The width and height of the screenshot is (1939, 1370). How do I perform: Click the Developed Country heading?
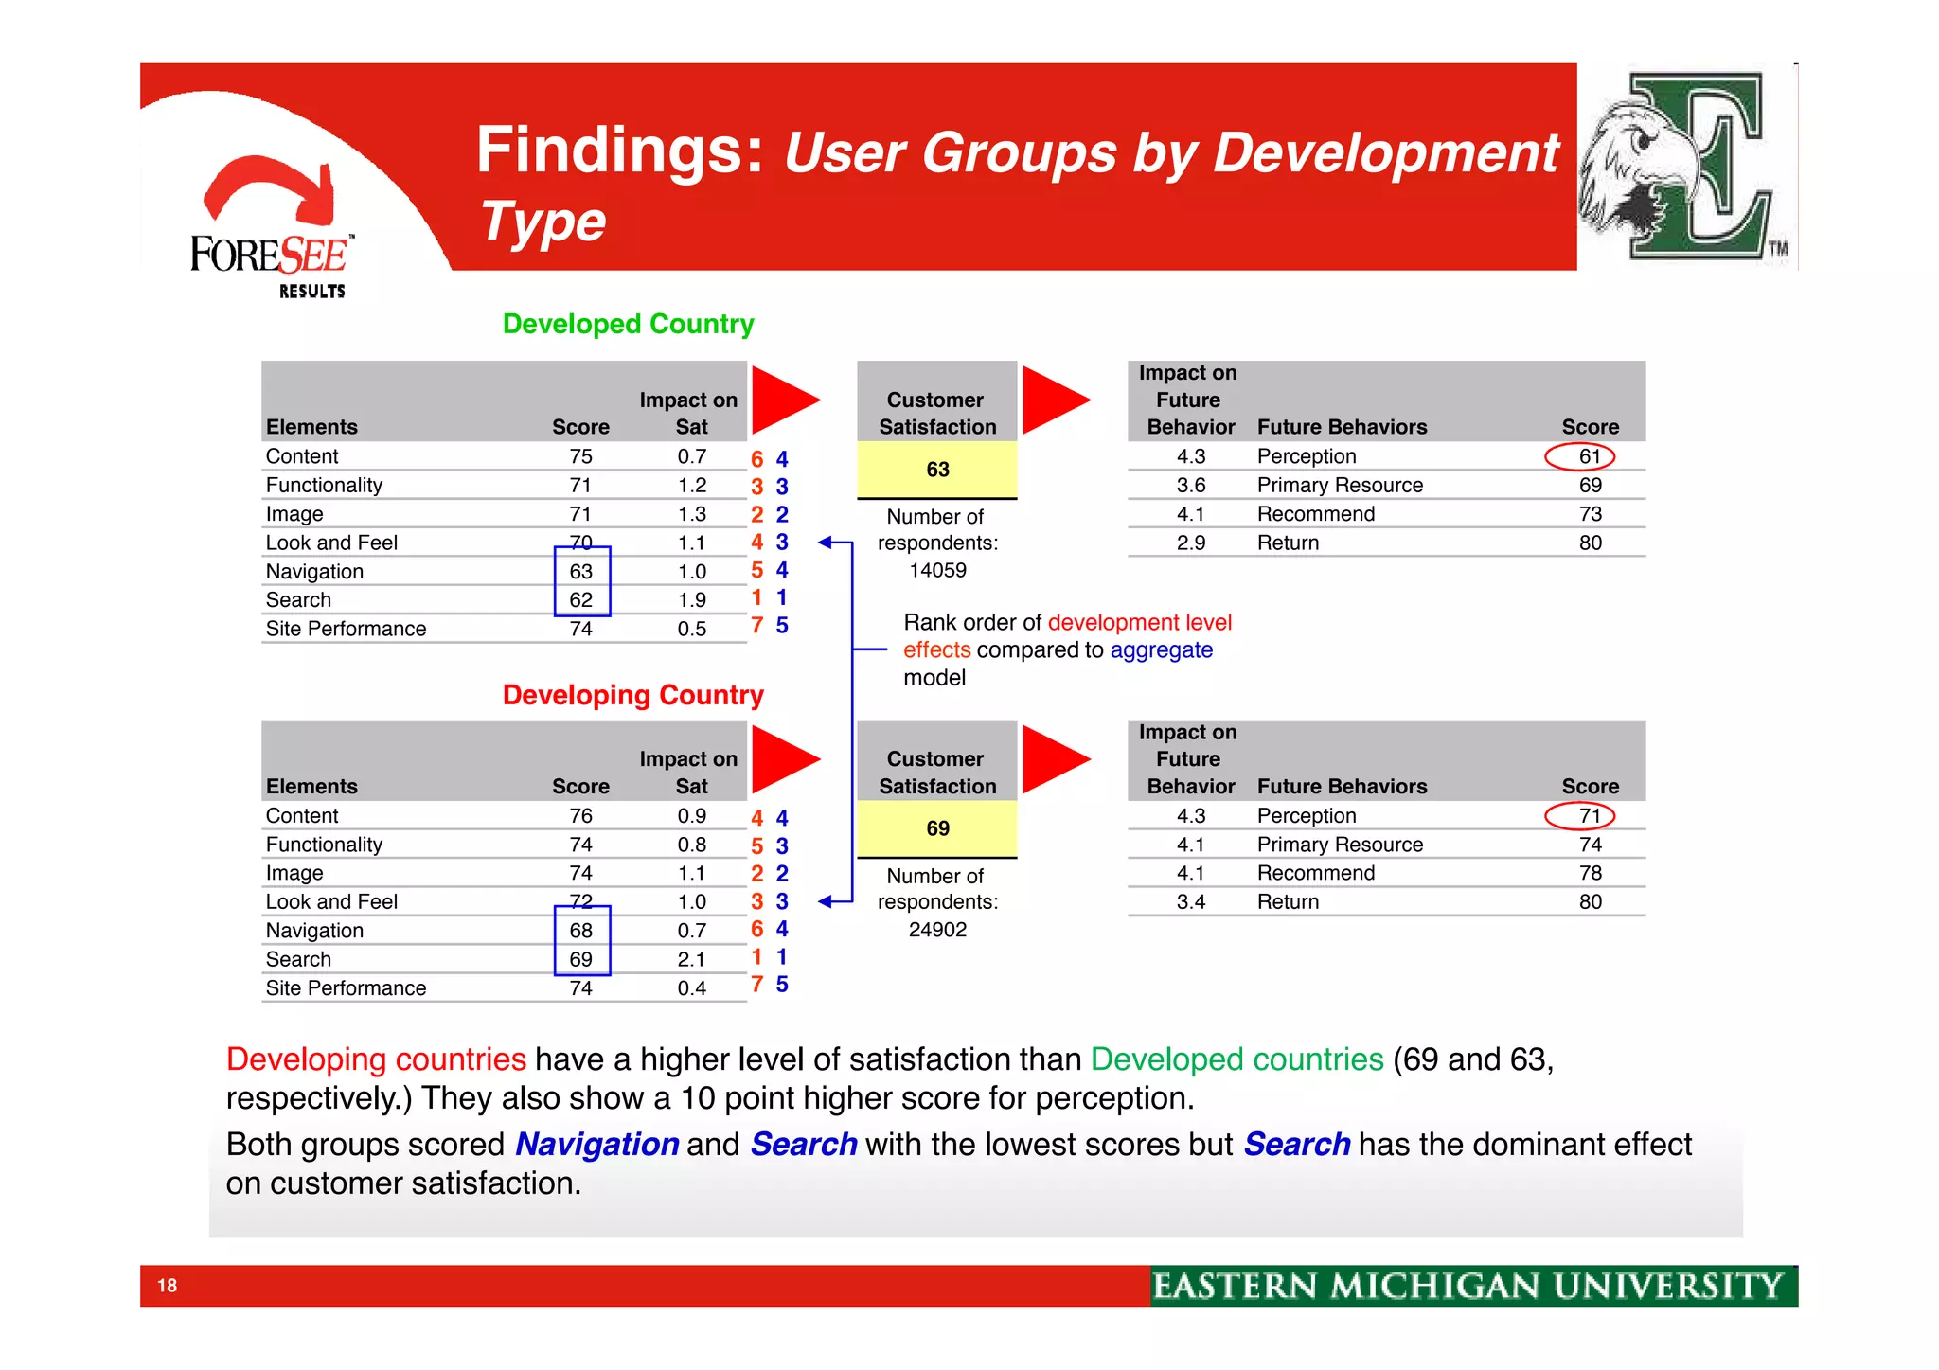coord(628,324)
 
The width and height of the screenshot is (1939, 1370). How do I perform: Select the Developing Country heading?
coord(632,695)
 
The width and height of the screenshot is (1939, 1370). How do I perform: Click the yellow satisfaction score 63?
coord(937,470)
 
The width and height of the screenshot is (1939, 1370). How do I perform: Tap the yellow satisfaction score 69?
coord(937,828)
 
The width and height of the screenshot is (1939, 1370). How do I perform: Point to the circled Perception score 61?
coord(1589,456)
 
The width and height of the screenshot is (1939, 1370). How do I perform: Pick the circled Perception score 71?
coord(1589,815)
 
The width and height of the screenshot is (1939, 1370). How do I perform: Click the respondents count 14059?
coord(937,570)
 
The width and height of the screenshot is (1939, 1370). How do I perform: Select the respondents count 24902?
coord(937,930)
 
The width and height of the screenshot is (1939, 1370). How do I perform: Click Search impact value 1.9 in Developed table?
coord(691,600)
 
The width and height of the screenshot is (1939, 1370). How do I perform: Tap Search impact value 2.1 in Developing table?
coord(691,959)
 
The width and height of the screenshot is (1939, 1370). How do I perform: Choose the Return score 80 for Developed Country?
coord(1590,543)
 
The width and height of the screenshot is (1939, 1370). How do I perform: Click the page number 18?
coord(168,1285)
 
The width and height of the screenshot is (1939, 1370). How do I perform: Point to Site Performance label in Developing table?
coord(346,987)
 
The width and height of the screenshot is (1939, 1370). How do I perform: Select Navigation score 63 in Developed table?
coord(580,572)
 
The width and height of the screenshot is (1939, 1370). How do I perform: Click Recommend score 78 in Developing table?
coord(1590,873)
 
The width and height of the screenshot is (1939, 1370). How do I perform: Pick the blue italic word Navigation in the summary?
coord(596,1144)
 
